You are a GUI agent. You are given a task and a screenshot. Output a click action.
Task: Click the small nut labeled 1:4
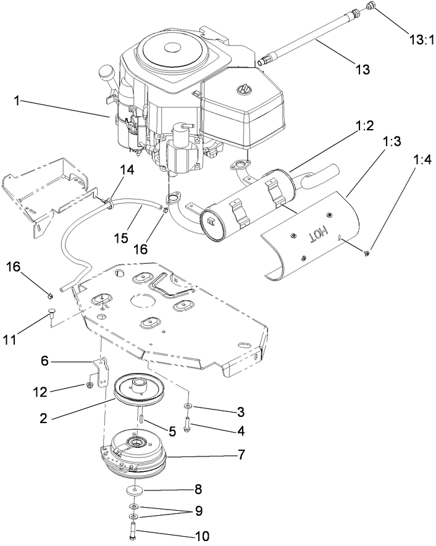(367, 251)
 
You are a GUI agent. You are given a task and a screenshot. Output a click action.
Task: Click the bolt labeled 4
(188, 426)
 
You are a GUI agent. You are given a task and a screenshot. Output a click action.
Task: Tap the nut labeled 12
(90, 385)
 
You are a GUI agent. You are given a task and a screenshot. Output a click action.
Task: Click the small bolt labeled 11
(51, 316)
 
